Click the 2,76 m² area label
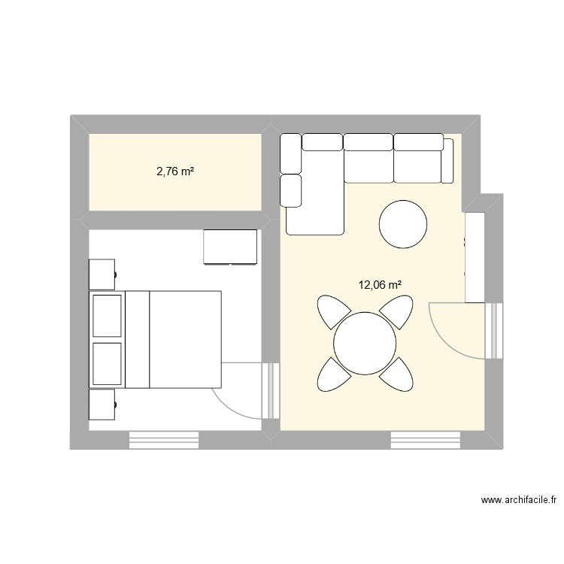[175, 171]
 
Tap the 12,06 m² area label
[380, 285]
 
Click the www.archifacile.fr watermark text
[521, 500]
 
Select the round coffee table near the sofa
[404, 223]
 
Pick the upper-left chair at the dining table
[333, 312]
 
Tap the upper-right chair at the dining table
[396, 312]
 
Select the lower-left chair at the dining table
[333, 374]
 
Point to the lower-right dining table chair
[396, 374]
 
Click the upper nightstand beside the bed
[102, 274]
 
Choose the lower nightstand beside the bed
[102, 405]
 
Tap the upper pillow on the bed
[107, 316]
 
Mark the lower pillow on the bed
[107, 363]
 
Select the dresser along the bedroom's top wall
[230, 247]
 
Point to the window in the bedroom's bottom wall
[164, 440]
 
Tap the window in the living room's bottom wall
[425, 440]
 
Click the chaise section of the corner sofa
[314, 196]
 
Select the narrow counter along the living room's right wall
[475, 258]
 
